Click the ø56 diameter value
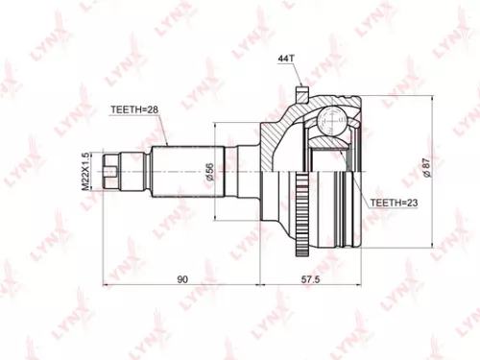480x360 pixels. pos(210,172)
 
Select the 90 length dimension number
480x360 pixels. pos(182,279)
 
